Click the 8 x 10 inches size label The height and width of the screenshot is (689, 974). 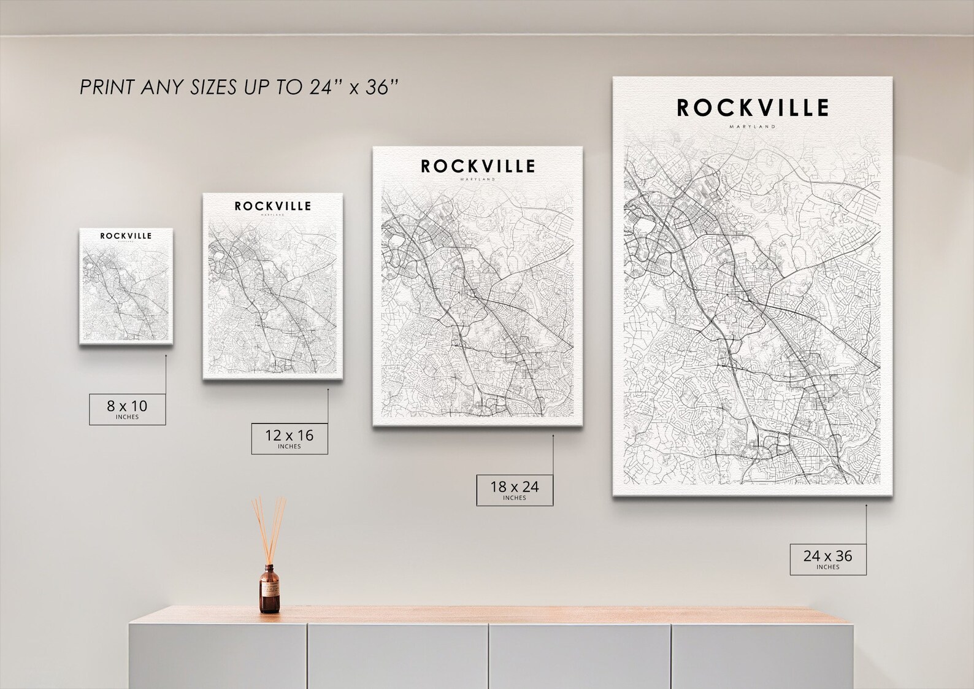[x=127, y=409]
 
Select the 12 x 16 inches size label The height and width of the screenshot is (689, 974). [x=289, y=438]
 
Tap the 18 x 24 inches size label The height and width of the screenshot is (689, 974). [x=514, y=490]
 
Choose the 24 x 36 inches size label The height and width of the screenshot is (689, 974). [x=827, y=558]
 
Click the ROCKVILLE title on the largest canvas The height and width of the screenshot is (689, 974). [x=753, y=108]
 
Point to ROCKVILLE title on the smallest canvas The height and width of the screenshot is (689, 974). [x=126, y=236]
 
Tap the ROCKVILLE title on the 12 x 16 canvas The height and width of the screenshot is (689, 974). [x=272, y=206]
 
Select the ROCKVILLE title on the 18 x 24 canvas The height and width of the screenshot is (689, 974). [x=478, y=166]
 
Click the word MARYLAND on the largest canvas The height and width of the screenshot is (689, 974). [x=753, y=127]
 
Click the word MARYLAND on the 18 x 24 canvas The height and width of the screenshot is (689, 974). [x=478, y=180]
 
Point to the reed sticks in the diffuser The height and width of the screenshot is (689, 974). [x=269, y=528]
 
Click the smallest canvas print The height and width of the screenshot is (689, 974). [x=126, y=286]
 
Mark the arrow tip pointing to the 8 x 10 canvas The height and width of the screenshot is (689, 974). [x=166, y=355]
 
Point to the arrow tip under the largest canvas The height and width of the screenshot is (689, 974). [x=866, y=506]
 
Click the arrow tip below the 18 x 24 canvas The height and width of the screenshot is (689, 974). [x=553, y=436]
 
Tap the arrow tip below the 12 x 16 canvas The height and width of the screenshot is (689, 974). [x=328, y=388]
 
